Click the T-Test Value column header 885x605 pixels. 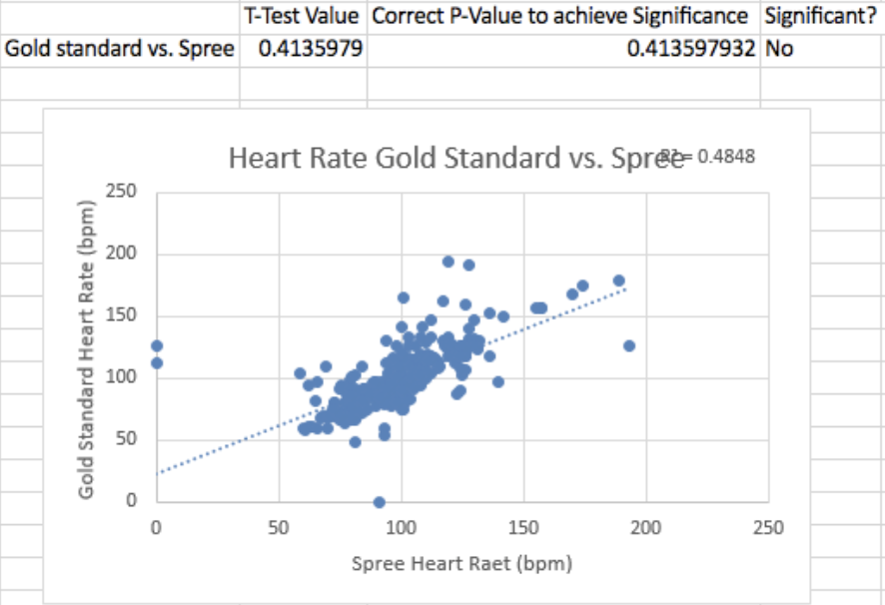tap(303, 16)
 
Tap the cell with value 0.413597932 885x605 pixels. tap(690, 49)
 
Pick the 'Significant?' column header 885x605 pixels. tap(822, 16)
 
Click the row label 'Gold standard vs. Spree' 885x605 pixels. tap(120, 49)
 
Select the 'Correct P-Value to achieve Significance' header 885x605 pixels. tap(562, 16)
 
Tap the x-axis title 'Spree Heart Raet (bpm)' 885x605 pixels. tap(461, 564)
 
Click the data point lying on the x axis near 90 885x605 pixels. tap(380, 502)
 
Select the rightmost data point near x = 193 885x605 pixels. tap(629, 345)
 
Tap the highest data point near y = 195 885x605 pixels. tap(448, 262)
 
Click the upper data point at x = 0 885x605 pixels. tap(157, 345)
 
